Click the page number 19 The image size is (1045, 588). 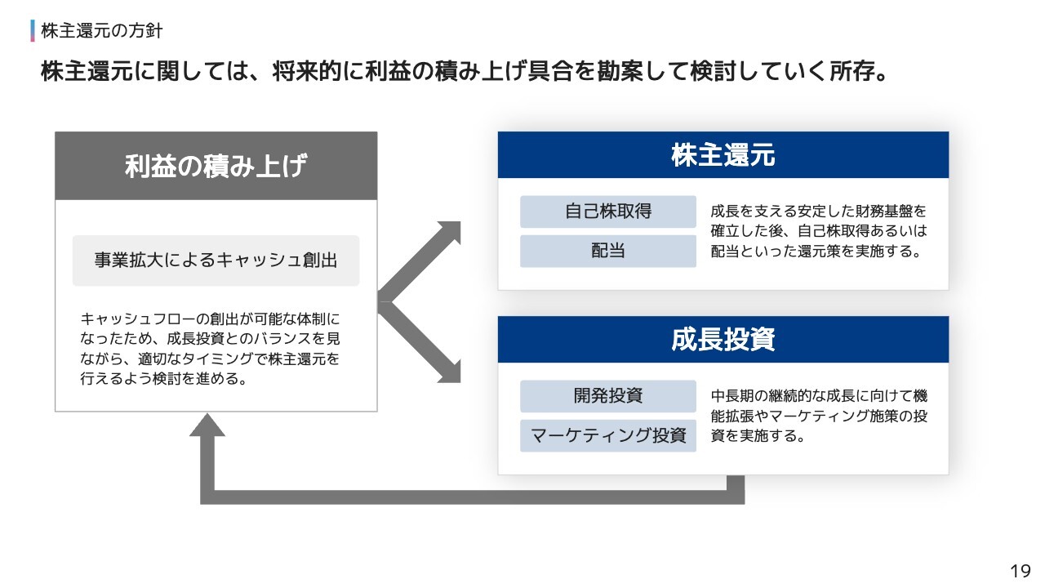[1021, 571]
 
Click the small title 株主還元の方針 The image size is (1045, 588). [102, 31]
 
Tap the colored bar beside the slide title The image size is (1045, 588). [33, 31]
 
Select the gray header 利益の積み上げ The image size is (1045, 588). [216, 166]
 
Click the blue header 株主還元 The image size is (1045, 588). [723, 155]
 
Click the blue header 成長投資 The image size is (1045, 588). [723, 339]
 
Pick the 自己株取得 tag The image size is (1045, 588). [608, 212]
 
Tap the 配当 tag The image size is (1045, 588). [608, 251]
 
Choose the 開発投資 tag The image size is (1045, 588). [608, 396]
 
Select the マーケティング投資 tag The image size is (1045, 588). [608, 435]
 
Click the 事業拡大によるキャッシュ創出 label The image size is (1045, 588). [216, 261]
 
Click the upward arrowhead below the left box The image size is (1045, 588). [207, 425]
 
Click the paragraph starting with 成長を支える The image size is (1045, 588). [819, 231]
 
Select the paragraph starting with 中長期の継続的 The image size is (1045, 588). [819, 416]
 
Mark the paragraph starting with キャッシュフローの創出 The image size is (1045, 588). [210, 349]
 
